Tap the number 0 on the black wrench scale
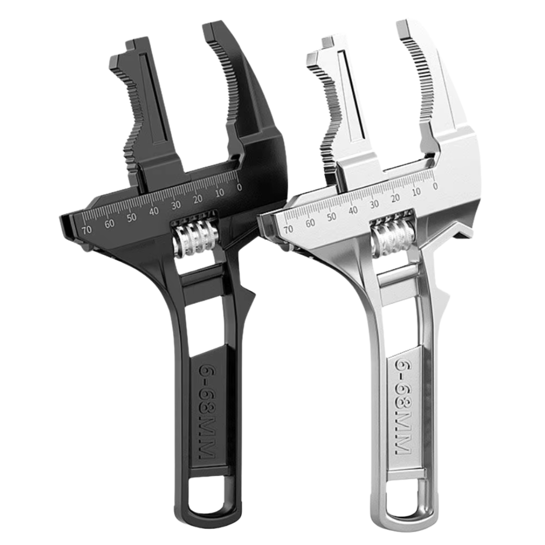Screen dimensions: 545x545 click(x=239, y=187)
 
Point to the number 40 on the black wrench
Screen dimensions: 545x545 click(x=154, y=211)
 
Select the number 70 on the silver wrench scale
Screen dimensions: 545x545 click(x=288, y=229)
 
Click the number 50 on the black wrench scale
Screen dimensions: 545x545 click(x=132, y=217)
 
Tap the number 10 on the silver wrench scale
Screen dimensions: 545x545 click(x=416, y=192)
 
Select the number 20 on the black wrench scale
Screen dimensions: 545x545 click(x=198, y=199)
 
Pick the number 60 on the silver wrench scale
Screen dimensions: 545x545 click(x=310, y=223)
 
